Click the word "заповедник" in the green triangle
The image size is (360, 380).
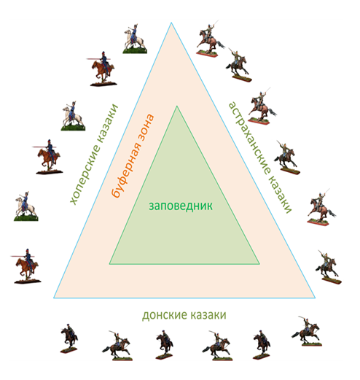[x=181, y=206]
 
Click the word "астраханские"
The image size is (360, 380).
[x=250, y=138]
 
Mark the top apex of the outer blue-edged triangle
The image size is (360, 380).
[x=171, y=23]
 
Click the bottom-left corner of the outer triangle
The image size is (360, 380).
[x=54, y=298]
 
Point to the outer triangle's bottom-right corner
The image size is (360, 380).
[x=315, y=298]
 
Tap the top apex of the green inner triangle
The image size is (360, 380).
[x=177, y=106]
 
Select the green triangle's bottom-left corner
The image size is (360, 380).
[x=109, y=264]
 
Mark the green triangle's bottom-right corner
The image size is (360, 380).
[x=259, y=264]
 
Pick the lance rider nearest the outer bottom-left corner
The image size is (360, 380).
[x=26, y=266]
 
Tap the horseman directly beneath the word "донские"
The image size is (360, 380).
[x=165, y=345]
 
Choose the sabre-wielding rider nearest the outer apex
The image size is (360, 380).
[x=209, y=39]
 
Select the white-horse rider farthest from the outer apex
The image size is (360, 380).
[x=26, y=206]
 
